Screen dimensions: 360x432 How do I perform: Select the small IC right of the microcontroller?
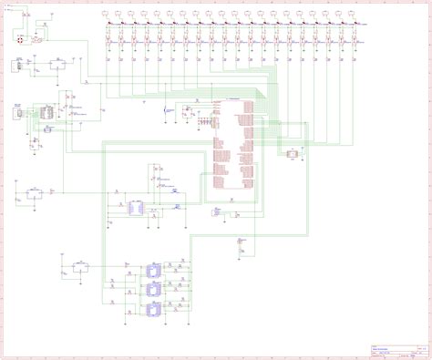292,154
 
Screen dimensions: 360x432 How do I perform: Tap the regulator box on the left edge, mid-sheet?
35,191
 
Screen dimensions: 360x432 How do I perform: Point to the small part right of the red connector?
37,41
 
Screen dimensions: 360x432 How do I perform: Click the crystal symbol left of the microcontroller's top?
165,111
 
